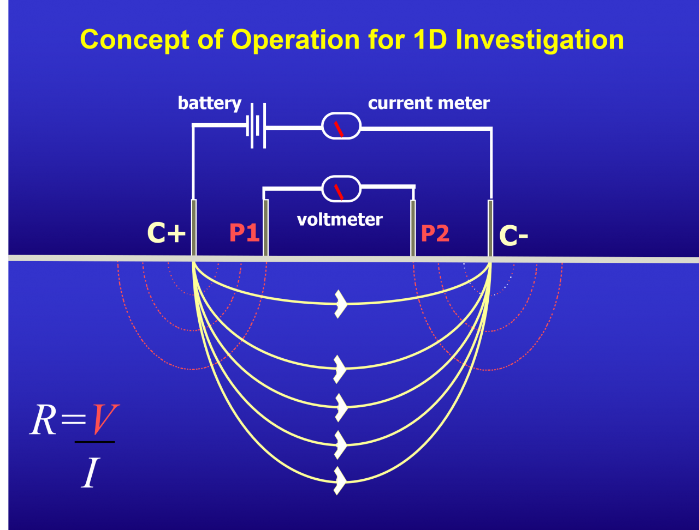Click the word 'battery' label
coord(209,104)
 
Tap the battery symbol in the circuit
coord(256,128)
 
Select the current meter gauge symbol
coord(341,127)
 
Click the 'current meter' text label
coord(429,103)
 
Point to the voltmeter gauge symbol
coord(341,189)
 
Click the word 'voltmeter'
coord(340,219)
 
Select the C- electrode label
coord(513,236)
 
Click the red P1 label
coord(244,233)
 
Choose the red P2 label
coord(435,234)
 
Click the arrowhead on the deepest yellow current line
coord(341,481)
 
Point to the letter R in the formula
coord(44,421)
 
